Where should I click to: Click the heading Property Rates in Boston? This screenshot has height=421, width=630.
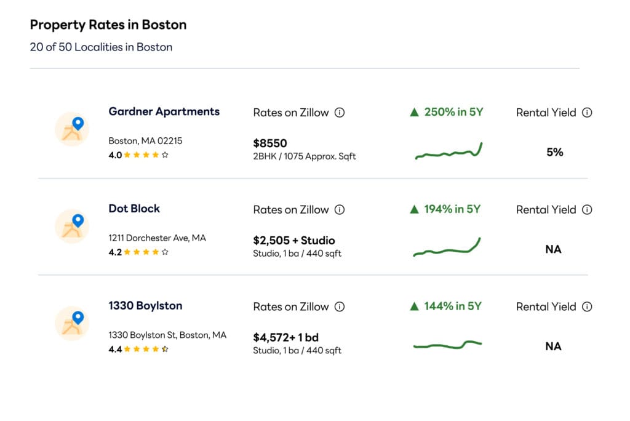[108, 25]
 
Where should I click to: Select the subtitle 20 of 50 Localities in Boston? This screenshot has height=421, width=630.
[101, 47]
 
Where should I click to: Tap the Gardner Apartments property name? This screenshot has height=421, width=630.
[164, 111]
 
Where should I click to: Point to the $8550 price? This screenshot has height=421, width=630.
[270, 143]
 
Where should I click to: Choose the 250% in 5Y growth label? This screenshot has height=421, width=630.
[447, 112]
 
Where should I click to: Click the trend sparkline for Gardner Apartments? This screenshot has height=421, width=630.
[449, 151]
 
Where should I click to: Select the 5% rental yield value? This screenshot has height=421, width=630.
[554, 152]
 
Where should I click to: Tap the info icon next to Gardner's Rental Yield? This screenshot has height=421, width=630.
[587, 113]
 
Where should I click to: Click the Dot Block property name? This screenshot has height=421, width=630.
[134, 209]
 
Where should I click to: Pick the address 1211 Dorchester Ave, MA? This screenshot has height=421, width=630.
[157, 238]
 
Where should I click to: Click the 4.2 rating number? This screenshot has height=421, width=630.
[115, 252]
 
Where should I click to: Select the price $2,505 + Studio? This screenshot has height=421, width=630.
[294, 241]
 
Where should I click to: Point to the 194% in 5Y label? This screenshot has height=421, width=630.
[445, 209]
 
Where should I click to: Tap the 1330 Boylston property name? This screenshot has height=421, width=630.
[145, 306]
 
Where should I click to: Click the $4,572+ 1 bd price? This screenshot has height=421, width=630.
[285, 338]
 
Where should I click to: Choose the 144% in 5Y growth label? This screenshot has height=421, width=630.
[445, 307]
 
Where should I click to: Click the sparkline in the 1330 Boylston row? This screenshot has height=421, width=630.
[447, 345]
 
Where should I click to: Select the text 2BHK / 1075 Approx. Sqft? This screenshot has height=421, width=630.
[305, 156]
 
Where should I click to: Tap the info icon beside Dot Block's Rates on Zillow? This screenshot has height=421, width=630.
[340, 210]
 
